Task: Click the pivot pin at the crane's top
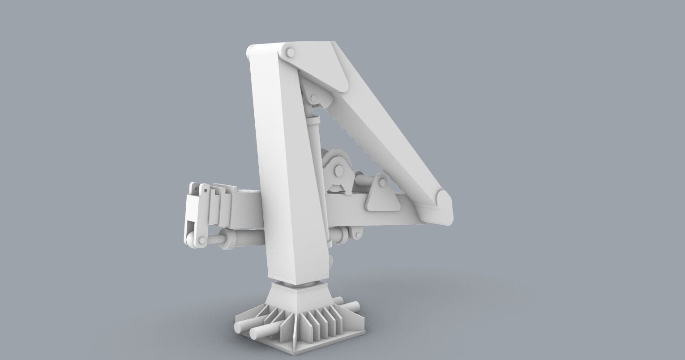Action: [289, 53]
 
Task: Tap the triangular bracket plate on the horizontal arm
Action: [381, 196]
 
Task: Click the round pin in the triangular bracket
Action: [381, 183]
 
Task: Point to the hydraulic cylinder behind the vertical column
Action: [313, 134]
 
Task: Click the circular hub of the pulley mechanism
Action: [337, 171]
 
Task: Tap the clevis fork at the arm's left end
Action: [193, 210]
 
